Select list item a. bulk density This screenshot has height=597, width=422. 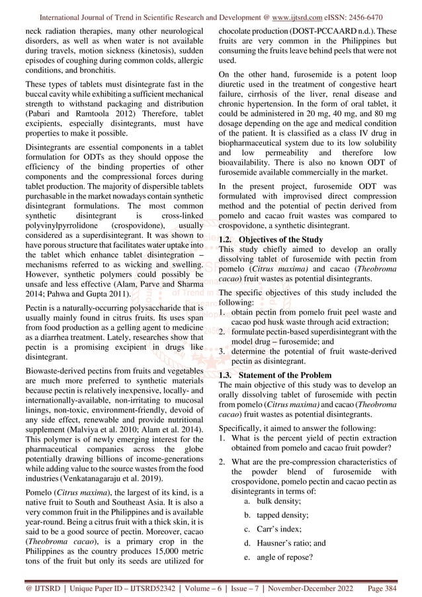click(x=271, y=501)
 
